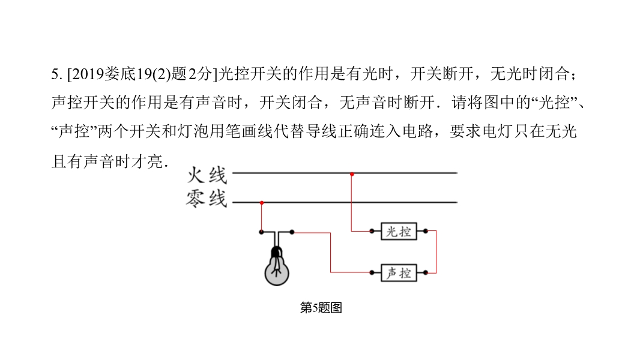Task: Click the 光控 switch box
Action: click(x=399, y=231)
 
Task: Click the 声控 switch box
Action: click(x=399, y=272)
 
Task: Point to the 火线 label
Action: click(x=207, y=175)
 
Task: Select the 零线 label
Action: click(x=207, y=197)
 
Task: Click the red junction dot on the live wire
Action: click(x=352, y=173)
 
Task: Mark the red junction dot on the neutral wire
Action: click(x=261, y=203)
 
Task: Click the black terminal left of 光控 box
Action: click(x=372, y=231)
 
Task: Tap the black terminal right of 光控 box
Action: click(x=426, y=231)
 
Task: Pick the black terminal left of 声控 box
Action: click(x=372, y=272)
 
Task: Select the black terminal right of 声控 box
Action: click(x=426, y=272)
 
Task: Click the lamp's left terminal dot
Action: click(x=261, y=232)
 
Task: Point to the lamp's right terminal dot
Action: click(x=292, y=232)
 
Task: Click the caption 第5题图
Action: click(x=321, y=308)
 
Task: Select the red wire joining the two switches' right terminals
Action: click(x=436, y=252)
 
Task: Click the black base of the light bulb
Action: click(x=277, y=252)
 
